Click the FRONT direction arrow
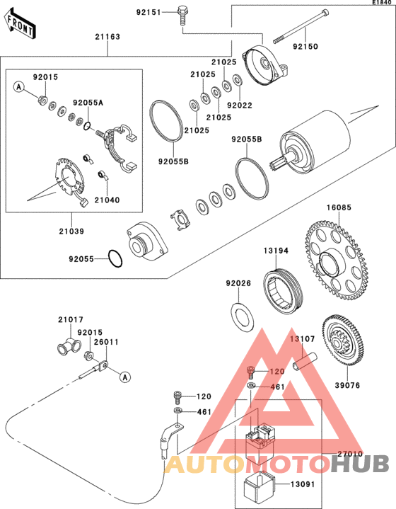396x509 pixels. tap(20, 24)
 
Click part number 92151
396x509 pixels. tap(148, 12)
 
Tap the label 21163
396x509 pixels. tap(107, 37)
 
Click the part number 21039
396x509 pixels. tap(71, 231)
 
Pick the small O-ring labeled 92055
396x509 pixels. tap(115, 258)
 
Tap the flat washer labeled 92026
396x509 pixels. tap(243, 317)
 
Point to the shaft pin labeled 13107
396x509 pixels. tap(305, 362)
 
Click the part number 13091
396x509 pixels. tap(303, 484)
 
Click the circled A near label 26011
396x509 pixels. tap(125, 377)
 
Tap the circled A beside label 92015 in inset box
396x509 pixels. tap(19, 86)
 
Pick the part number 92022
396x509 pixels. tap(240, 105)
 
